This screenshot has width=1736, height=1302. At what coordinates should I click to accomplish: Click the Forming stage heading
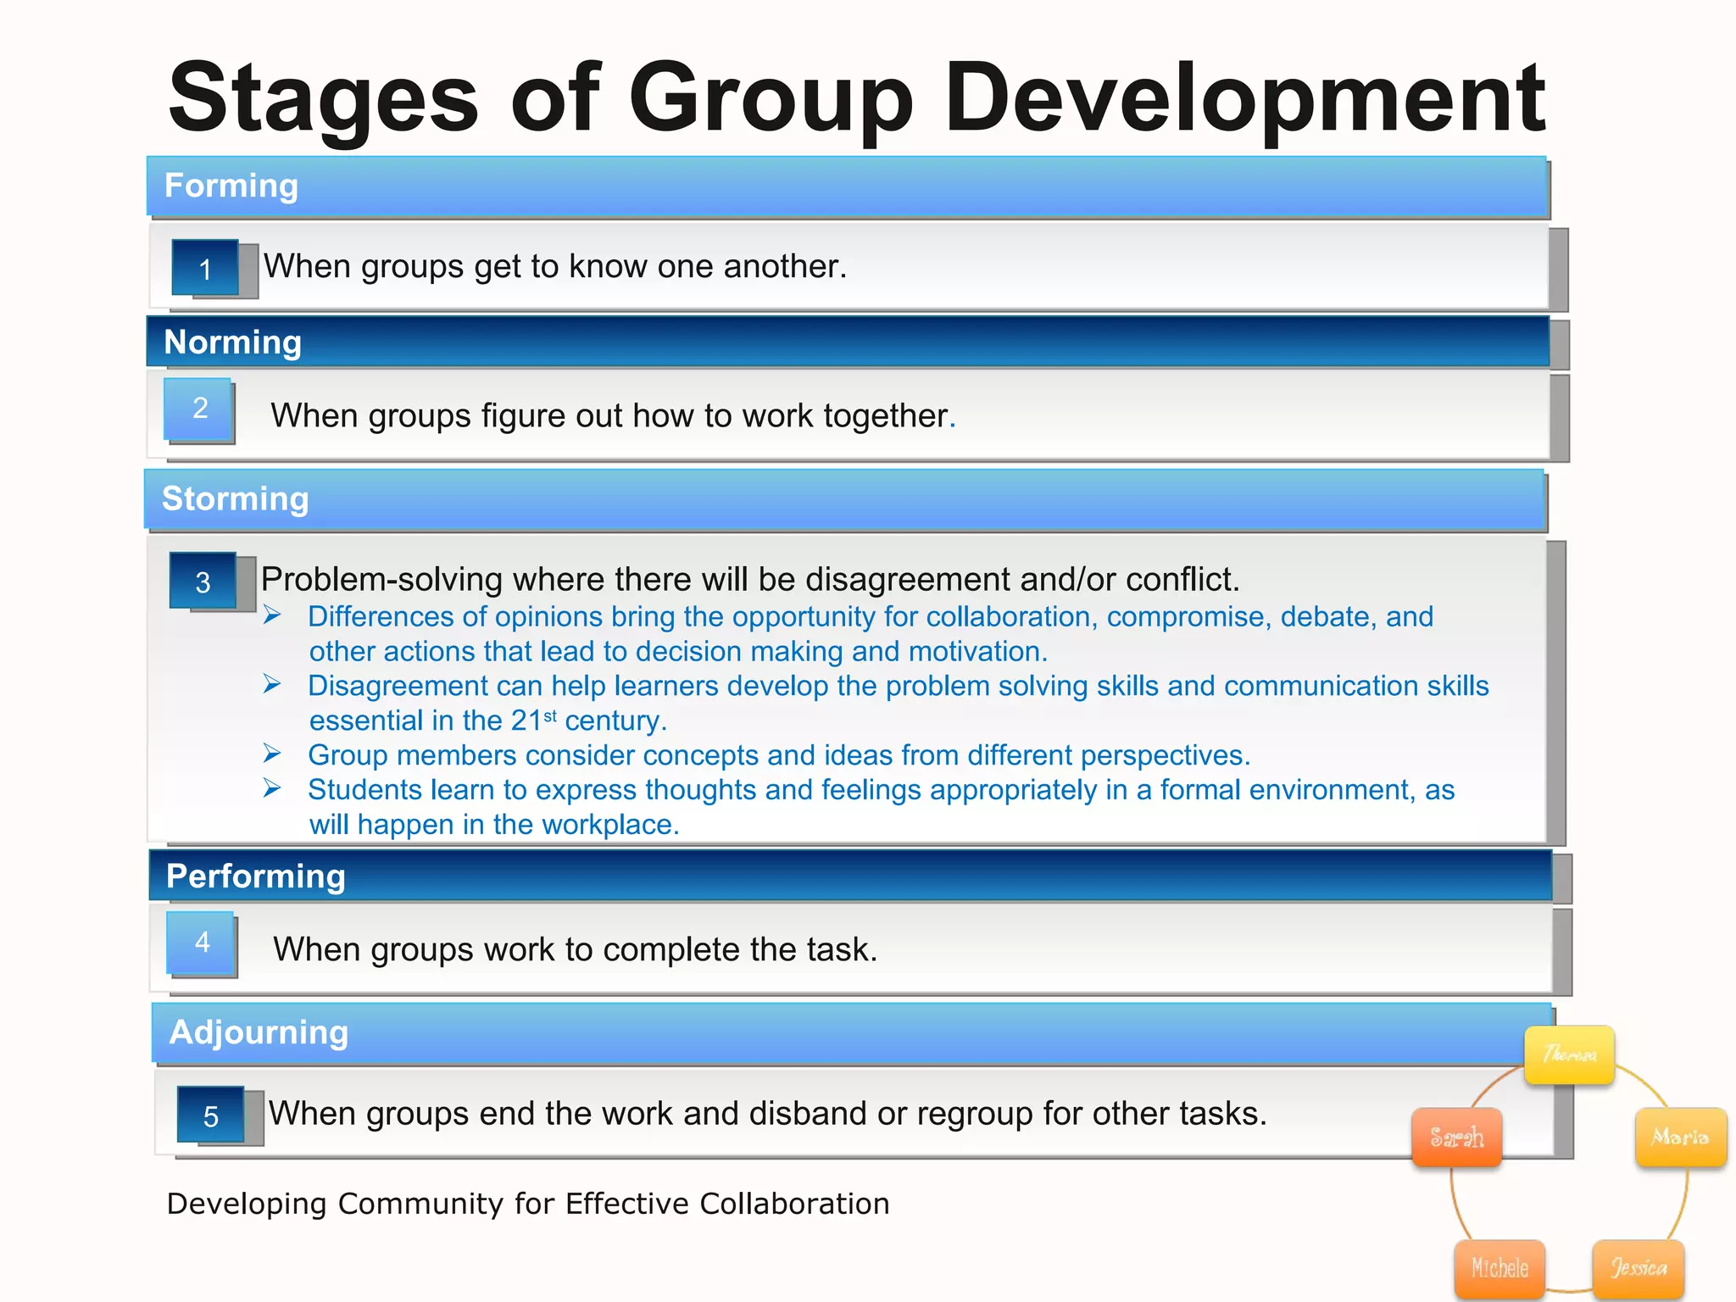coord(231,186)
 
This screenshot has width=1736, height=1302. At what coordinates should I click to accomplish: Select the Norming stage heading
coord(232,342)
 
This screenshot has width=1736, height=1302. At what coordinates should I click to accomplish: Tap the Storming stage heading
coord(235,498)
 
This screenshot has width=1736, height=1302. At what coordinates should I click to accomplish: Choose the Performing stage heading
coord(255,876)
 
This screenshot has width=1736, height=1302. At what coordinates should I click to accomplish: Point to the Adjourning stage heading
coord(259,1032)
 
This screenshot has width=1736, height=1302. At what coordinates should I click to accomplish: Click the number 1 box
coord(205,269)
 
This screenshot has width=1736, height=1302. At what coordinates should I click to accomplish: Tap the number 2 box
coord(199,409)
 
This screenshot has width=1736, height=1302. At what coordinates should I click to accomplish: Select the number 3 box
coord(203,581)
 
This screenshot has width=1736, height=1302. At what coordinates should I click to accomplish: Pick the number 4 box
coord(202,942)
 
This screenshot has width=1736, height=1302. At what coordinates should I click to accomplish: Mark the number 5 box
coord(210,1116)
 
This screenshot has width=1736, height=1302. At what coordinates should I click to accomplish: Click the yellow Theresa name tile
coord(1569,1054)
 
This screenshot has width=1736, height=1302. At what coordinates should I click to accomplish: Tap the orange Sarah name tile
coord(1456,1137)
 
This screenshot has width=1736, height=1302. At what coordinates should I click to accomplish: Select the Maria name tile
coord(1680,1137)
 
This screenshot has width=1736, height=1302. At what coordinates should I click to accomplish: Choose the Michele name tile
coord(1500,1268)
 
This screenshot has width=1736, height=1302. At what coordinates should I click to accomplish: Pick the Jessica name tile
coord(1638,1268)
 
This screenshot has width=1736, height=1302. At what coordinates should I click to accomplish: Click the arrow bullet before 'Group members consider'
coord(272,753)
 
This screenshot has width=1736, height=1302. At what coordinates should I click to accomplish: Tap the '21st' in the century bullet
coord(533,720)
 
